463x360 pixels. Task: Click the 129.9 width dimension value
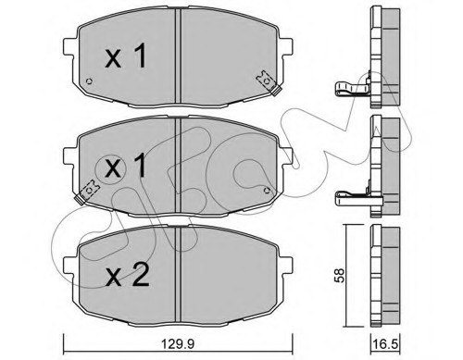pos(178,343)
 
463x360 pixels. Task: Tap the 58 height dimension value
pos(339,276)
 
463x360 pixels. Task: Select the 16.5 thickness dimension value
pos(384,343)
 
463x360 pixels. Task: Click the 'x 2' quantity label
pos(128,276)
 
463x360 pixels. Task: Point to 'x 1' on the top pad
pos(125,56)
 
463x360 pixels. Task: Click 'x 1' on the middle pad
pos(125,166)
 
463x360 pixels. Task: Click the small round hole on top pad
pos(90,81)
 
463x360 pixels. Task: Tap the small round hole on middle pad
pos(267,190)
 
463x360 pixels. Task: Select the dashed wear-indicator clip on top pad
pos(268,82)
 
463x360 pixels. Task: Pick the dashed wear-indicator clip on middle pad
pos(87,192)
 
